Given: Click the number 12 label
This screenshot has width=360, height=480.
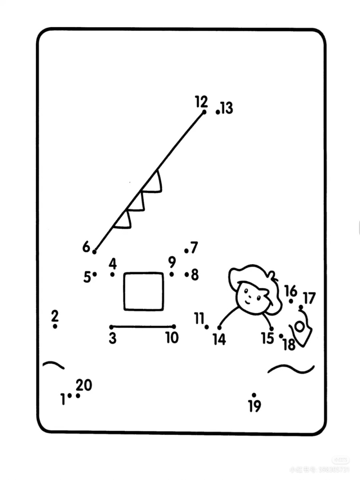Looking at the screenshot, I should [x=201, y=102].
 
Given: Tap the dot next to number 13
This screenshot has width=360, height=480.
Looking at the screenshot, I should [x=218, y=112].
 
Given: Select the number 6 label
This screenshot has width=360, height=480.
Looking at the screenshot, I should [x=86, y=247].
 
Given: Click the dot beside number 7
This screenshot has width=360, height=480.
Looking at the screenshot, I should [x=186, y=251].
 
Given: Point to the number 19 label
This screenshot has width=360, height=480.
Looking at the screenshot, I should [x=255, y=406].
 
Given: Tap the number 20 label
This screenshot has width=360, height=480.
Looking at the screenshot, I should [x=84, y=385].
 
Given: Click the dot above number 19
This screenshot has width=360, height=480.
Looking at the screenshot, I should [x=254, y=395].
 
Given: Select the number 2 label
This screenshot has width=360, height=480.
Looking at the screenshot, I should [x=55, y=316].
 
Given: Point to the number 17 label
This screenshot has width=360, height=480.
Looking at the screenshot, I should [x=309, y=298].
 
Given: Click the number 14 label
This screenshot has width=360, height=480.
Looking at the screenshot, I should [x=219, y=339].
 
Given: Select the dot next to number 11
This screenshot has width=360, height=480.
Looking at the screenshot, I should [x=207, y=327].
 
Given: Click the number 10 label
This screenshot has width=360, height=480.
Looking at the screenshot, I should [x=172, y=338].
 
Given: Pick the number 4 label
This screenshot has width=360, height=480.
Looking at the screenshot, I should [x=113, y=264].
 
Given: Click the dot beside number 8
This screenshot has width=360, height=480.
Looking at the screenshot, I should [x=187, y=275].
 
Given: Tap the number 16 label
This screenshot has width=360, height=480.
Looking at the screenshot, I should [x=291, y=291].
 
